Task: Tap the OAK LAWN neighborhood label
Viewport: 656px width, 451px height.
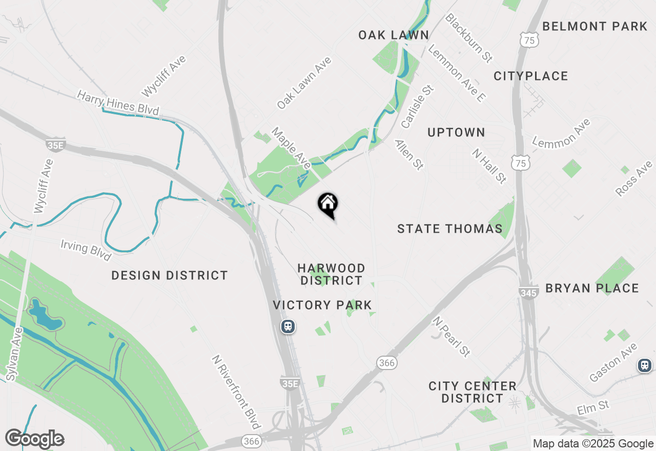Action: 394,35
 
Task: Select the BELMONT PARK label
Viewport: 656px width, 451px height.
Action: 595,26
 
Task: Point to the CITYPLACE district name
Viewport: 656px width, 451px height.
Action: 531,76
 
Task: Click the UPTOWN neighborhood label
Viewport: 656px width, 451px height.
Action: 456,132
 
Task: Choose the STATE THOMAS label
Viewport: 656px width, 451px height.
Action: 450,229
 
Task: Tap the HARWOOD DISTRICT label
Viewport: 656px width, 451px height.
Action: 332,274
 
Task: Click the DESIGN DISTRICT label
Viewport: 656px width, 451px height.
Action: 170,276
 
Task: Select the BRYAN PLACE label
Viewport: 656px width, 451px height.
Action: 592,288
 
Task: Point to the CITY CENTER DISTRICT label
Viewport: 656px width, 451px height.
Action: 473,392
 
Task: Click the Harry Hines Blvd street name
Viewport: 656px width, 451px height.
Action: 118,102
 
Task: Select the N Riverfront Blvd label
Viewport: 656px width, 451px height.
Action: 236,392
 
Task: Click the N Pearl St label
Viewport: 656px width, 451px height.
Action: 452,336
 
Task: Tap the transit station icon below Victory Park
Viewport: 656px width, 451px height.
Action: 288,326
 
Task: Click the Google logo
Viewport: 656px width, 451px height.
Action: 34,439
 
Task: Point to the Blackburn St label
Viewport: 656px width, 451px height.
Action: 468,38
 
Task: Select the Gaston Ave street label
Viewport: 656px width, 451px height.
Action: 613,362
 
